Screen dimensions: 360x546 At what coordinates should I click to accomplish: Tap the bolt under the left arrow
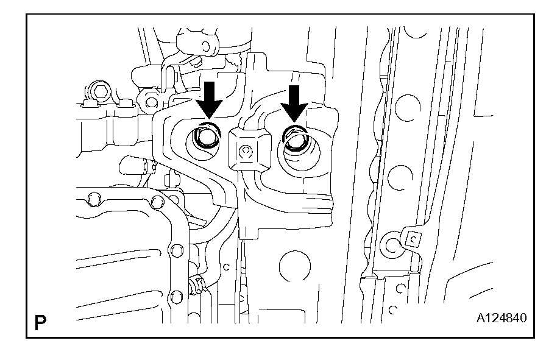(x=205, y=138)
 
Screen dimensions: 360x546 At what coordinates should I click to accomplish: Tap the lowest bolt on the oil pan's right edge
(x=176, y=297)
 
